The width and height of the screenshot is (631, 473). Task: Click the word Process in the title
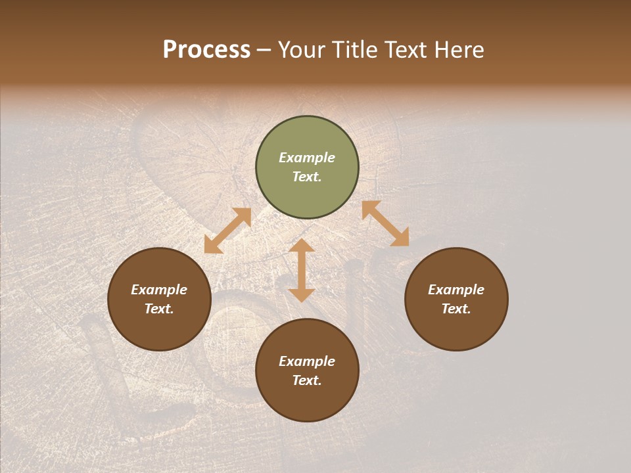[206, 50]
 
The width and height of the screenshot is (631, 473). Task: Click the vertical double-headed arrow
[302, 271]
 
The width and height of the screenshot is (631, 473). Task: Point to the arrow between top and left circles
[227, 231]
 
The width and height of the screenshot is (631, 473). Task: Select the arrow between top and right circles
[385, 223]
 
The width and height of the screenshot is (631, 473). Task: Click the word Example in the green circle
[307, 158]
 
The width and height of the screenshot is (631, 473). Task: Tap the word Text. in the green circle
[307, 177]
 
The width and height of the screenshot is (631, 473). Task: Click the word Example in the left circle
[159, 290]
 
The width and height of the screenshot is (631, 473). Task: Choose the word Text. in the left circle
[159, 309]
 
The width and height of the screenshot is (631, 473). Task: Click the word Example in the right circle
[456, 290]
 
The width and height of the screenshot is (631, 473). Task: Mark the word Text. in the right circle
[456, 309]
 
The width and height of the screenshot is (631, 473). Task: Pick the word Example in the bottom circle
[307, 361]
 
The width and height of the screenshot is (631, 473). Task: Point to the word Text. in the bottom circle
[307, 380]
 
